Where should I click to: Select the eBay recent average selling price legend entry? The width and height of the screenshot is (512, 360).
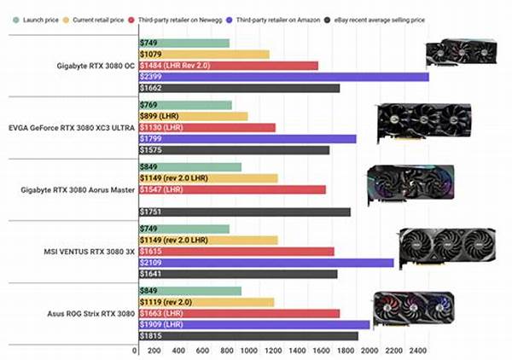381,19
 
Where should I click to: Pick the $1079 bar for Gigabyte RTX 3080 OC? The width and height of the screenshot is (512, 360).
203,55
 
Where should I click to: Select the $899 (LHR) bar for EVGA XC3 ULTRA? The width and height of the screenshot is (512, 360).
192,116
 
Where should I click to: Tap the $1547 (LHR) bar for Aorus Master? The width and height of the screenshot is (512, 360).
231,189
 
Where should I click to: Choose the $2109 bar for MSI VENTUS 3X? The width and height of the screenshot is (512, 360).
265,263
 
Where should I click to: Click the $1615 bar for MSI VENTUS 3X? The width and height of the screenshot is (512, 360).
235,252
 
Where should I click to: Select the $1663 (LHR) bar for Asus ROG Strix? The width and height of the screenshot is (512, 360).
238,313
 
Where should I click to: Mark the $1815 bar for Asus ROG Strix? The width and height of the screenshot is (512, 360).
247,336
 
